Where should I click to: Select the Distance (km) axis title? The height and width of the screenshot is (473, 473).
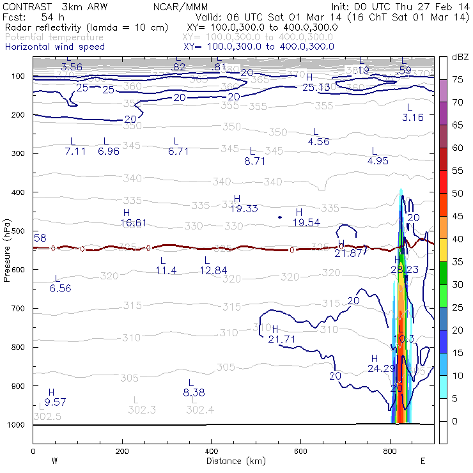point(233,461)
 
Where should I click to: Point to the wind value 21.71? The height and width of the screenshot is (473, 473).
point(282,339)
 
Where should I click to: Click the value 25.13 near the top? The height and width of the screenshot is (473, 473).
point(316,87)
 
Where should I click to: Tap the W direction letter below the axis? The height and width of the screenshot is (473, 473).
point(54,460)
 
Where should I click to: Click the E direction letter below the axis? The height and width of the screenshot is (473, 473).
point(423,460)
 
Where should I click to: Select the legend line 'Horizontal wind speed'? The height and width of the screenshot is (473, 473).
point(55,47)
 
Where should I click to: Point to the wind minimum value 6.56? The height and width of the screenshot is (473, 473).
point(60,288)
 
